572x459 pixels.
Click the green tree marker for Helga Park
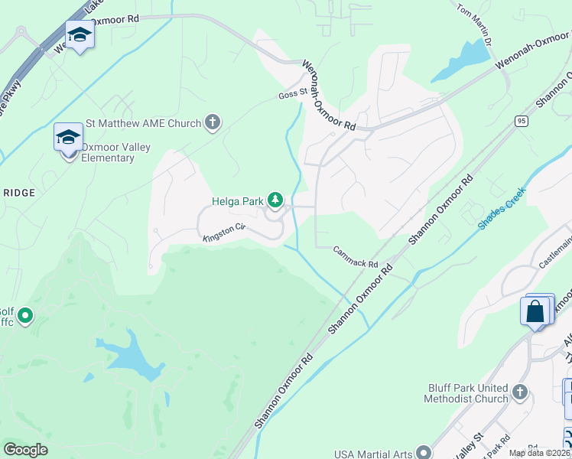click(x=275, y=201)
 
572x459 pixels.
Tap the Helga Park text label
click(x=237, y=202)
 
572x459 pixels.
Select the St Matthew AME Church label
click(x=143, y=122)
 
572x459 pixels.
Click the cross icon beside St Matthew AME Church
click(x=213, y=122)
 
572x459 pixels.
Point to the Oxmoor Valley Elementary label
click(x=106, y=152)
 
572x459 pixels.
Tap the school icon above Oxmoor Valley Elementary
click(x=68, y=138)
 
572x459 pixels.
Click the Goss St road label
click(x=292, y=95)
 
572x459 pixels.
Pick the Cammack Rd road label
click(x=356, y=258)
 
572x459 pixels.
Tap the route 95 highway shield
click(x=521, y=121)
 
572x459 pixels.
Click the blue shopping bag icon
click(x=536, y=312)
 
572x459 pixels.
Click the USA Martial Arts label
click(x=372, y=453)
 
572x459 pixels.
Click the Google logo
click(x=25, y=450)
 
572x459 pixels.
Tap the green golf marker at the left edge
click(x=24, y=315)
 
